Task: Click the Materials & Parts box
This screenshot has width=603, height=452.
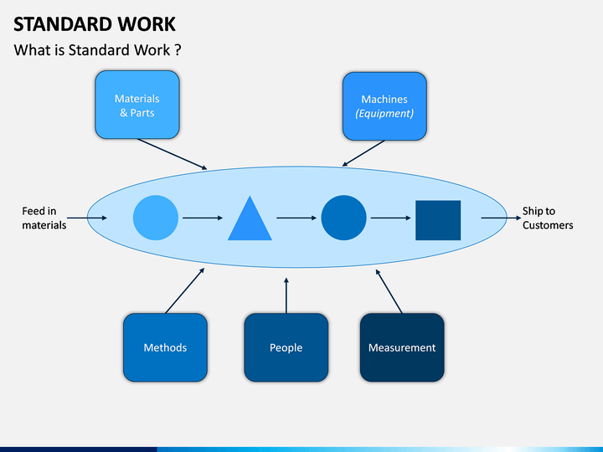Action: click(137, 105)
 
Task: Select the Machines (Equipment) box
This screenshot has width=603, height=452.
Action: click(384, 106)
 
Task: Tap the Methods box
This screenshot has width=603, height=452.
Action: click(165, 347)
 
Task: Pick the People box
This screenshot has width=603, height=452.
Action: click(286, 347)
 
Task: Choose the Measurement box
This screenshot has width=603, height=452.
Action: click(402, 347)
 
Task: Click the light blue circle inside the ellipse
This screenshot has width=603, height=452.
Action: click(156, 218)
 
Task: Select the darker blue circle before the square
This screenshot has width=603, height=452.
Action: click(344, 218)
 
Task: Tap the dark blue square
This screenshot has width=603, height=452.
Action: click(438, 220)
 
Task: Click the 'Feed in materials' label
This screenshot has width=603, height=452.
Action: click(44, 218)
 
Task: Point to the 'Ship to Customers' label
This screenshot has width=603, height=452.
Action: click(548, 218)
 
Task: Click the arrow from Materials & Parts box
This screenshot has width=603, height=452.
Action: click(173, 154)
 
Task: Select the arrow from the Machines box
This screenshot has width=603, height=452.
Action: click(363, 153)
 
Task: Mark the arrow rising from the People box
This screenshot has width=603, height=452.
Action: click(286, 295)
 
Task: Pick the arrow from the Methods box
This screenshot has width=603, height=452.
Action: click(185, 290)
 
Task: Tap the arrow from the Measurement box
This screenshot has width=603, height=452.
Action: click(389, 291)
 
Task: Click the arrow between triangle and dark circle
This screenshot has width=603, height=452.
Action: click(296, 218)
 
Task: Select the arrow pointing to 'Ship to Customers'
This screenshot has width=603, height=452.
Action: click(501, 218)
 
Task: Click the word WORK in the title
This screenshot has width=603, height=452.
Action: click(147, 24)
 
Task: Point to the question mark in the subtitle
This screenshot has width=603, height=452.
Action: click(178, 50)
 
